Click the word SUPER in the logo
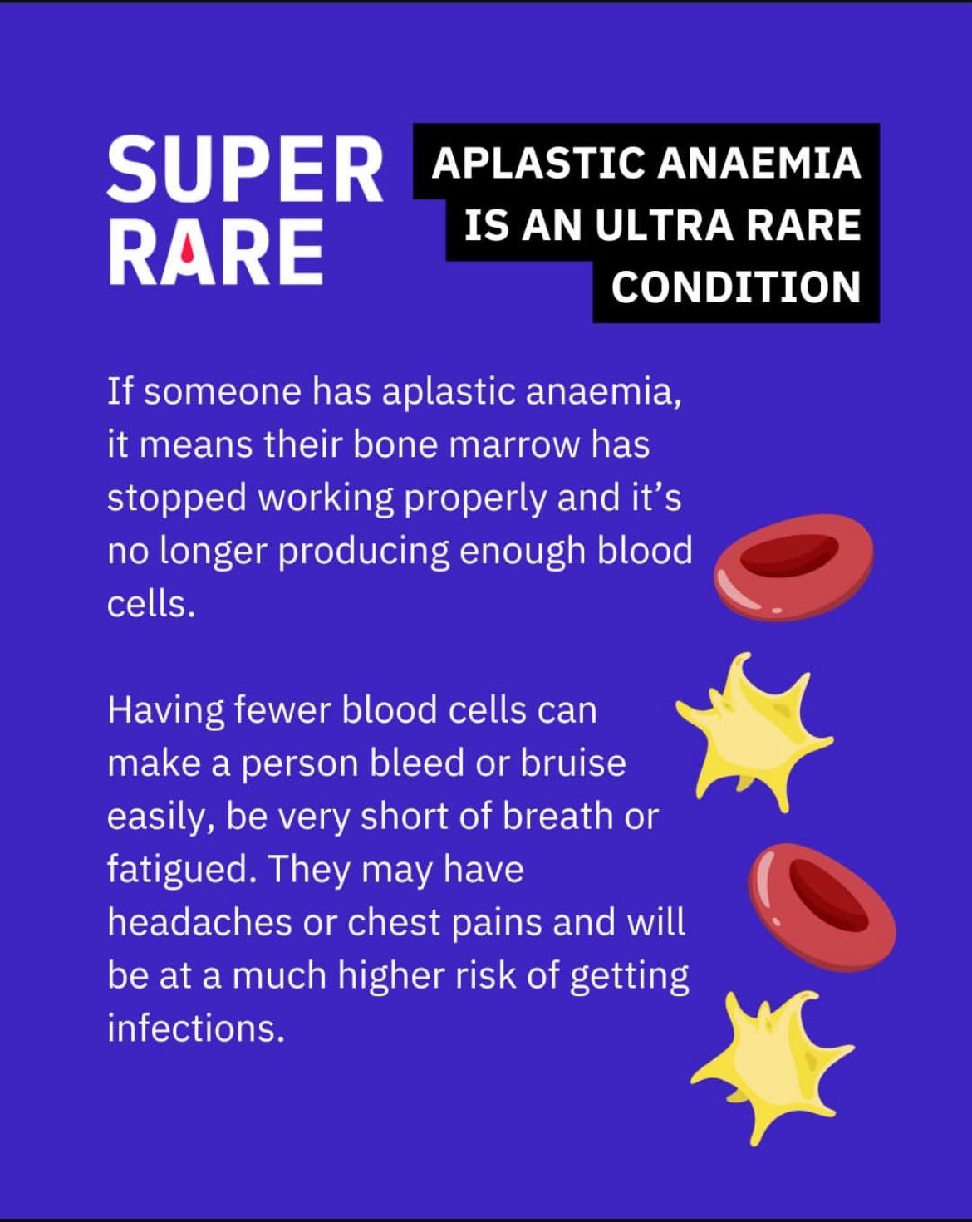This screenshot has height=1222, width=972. pyautogui.click(x=245, y=169)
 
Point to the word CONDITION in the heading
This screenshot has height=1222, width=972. pyautogui.click(x=736, y=287)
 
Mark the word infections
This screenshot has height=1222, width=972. pyautogui.click(x=196, y=1028)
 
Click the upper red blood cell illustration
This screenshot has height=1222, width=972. pyautogui.click(x=794, y=568)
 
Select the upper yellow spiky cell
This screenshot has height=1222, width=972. pyautogui.click(x=754, y=733)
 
